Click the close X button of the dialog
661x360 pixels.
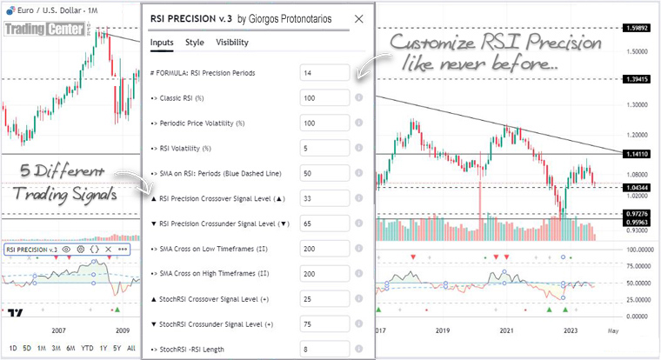pos(359,18)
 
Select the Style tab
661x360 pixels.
pos(195,42)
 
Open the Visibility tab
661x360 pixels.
pos(232,42)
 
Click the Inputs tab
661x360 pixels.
pos(162,42)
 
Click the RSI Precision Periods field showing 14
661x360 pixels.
pos(324,73)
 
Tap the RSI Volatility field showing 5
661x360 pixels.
pos(324,148)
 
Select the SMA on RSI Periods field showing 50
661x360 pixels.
pos(324,172)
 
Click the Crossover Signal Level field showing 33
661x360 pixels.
pos(324,197)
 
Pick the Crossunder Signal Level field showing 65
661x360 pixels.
pos(324,223)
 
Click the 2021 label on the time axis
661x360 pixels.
pos(506,331)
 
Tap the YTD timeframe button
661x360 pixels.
pos(88,348)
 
